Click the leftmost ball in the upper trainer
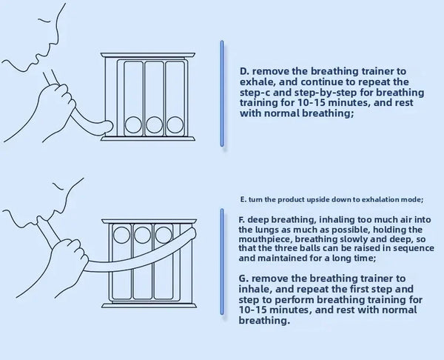point(133,124)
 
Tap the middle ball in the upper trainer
point(155,124)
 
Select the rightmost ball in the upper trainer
point(175,124)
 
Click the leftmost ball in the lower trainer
point(121,235)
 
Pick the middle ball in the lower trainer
point(142,235)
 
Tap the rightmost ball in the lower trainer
point(164,235)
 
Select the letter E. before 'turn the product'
point(243,199)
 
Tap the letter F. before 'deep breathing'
point(241,220)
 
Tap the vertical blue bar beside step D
point(222,93)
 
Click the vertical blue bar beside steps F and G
point(222,261)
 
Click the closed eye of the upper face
point(44,21)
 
